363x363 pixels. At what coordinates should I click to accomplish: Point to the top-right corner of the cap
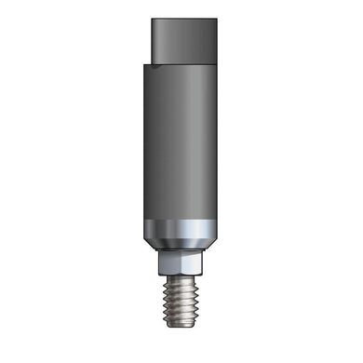217,20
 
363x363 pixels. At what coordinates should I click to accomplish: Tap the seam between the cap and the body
186,61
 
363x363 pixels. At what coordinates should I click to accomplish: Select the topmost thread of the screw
182,281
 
